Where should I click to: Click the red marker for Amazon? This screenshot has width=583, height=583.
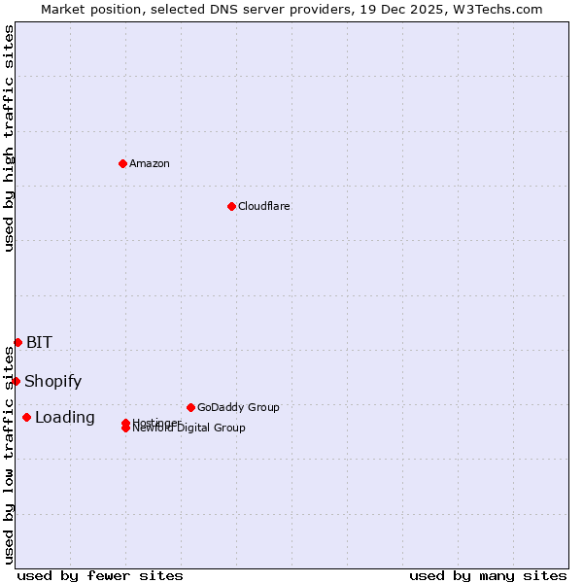122,163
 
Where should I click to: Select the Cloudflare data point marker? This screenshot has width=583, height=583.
231,206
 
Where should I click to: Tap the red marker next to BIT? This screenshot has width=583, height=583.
17,342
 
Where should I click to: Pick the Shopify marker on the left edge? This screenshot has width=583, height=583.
16,381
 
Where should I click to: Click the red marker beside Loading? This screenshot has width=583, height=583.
26,417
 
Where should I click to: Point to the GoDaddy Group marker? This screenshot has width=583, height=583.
190,407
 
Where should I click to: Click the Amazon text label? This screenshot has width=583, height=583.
150,163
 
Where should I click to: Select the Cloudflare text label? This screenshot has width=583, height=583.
263,206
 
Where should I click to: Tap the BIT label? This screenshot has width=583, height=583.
39,342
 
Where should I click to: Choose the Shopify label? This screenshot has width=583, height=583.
52,381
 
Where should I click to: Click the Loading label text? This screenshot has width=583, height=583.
64,417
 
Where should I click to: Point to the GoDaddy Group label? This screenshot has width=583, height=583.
238,407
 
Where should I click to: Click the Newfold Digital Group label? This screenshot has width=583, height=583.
189,429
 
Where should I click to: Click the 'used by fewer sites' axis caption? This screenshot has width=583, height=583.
100,575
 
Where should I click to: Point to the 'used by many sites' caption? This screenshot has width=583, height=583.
488,575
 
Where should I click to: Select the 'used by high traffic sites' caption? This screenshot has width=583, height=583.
9,138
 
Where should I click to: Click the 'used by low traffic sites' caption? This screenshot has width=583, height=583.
9,455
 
